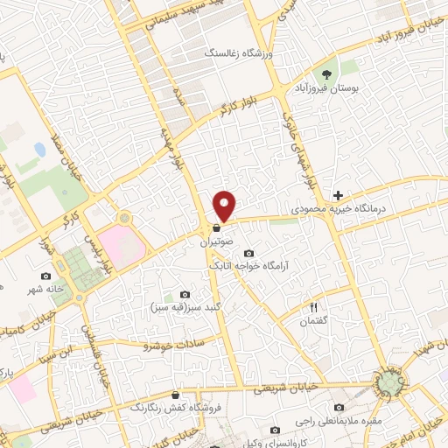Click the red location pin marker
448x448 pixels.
click(x=226, y=205)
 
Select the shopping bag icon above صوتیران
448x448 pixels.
click(x=215, y=227)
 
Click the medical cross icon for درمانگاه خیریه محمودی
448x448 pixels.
click(x=338, y=194)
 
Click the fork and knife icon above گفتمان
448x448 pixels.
click(x=314, y=306)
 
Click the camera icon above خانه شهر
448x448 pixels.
click(x=46, y=276)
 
